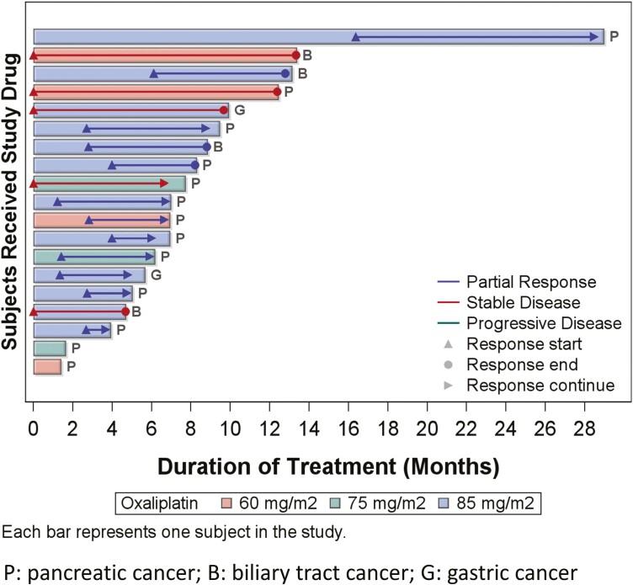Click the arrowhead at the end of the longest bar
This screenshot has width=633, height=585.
595,37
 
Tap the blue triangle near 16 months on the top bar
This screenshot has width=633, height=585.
355,37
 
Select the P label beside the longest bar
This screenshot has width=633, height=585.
614,37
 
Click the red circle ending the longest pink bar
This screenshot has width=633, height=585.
295,56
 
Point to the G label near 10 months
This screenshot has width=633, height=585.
239,110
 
